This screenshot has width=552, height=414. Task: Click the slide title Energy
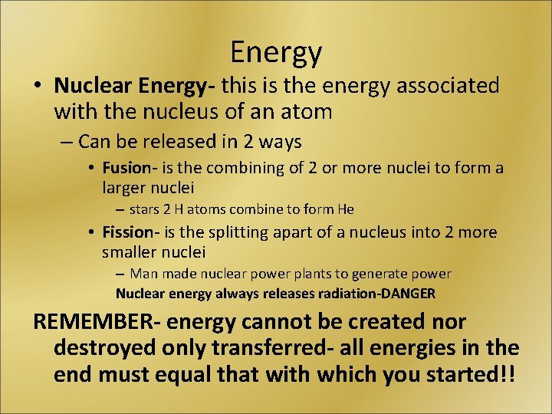[x=276, y=52]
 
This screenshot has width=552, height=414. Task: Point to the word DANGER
[x=407, y=293]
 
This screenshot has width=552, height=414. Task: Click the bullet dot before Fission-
[x=90, y=233]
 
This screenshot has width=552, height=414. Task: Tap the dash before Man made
[x=120, y=274]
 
